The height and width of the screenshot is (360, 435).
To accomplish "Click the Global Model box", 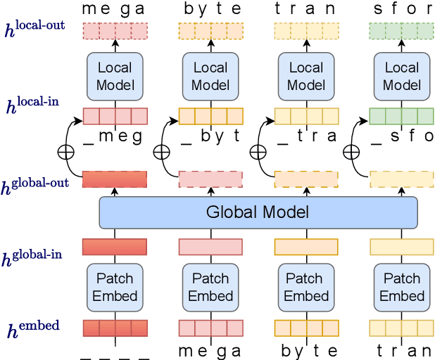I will tap(258, 212).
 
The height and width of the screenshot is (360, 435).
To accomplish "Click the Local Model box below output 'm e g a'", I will tap(115, 77).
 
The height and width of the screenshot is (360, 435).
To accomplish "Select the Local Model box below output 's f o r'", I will tap(402, 77).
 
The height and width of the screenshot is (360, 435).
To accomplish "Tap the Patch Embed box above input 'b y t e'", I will tap(210, 287).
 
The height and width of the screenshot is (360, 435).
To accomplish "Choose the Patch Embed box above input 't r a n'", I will tap(306, 287).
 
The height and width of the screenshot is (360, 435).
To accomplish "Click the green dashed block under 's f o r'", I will tap(402, 31).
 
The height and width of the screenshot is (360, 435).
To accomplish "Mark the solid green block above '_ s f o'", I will tap(402, 115).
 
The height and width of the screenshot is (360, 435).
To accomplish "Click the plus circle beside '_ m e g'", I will tap(66, 150).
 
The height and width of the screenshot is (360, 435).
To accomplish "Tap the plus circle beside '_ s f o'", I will tap(353, 150).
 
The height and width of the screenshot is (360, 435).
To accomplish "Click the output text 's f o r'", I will tap(402, 9).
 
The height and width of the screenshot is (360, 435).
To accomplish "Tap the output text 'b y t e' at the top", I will tap(210, 9).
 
